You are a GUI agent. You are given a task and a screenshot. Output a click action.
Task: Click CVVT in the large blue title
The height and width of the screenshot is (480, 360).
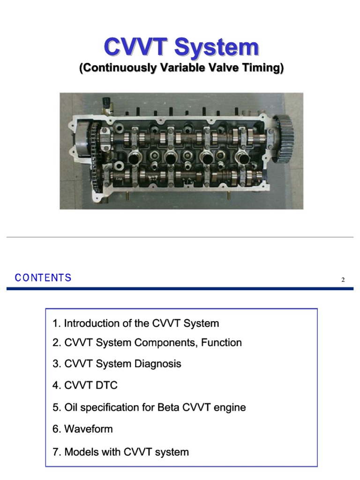click(136, 47)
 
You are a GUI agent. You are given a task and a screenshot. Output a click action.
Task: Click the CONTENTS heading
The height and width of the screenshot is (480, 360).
click(43, 278)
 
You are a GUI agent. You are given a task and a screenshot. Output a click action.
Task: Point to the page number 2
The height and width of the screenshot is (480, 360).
click(343, 280)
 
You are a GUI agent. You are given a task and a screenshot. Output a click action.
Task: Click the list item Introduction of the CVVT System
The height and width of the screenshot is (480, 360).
click(136, 323)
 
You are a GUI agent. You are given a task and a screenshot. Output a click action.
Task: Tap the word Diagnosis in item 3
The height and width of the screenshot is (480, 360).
click(158, 364)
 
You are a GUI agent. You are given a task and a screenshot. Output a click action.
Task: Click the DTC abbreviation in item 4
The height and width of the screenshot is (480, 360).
click(106, 385)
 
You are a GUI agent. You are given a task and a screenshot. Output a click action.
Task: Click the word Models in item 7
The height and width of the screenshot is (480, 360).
click(79, 452)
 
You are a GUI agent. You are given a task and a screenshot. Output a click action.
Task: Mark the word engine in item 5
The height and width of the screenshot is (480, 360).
click(229, 407)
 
